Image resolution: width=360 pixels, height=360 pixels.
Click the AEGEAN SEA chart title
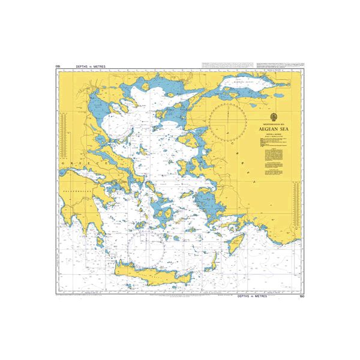click(275, 128)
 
